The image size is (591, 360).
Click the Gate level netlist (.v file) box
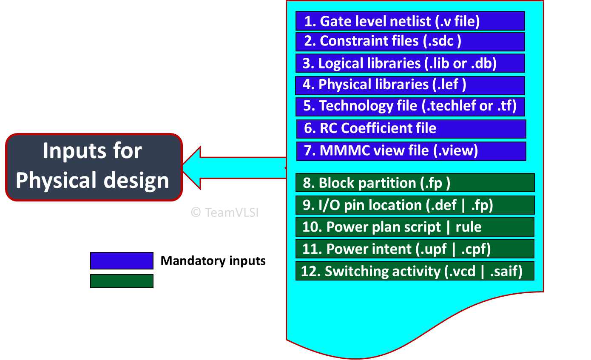410,21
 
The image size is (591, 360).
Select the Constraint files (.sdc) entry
410,41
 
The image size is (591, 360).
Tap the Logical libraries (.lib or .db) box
410,63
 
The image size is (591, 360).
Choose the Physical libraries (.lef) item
410,85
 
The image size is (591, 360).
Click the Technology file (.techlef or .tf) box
410,106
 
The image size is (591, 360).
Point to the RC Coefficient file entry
411,128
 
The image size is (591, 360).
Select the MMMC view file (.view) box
411,151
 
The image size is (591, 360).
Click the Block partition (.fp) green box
415,183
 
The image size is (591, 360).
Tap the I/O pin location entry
415,205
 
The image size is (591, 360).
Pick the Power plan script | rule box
415,227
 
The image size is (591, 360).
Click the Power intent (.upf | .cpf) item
415,249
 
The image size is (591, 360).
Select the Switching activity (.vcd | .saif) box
415,271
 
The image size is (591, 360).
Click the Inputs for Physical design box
94,167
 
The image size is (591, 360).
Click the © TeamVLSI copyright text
224,213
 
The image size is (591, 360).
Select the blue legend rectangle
122,261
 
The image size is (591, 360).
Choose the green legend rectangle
122,281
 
